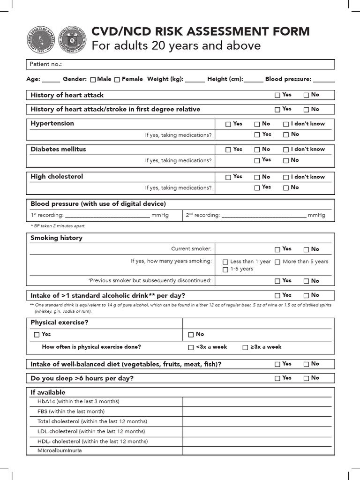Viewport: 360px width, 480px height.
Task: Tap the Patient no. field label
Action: click(x=46, y=64)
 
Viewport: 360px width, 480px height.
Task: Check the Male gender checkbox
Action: click(x=93, y=80)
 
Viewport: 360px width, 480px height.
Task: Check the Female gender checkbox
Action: click(x=117, y=80)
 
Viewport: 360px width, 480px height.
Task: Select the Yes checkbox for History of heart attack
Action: click(x=277, y=95)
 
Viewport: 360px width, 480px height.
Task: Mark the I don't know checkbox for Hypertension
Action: click(x=286, y=124)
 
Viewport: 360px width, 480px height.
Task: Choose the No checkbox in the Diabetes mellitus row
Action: click(x=257, y=150)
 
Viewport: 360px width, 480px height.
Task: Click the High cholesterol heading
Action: click(x=57, y=177)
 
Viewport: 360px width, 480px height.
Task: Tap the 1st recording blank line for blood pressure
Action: click(x=106, y=216)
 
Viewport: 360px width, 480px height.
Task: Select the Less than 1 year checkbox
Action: click(x=225, y=262)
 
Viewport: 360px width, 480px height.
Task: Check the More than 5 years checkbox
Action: click(x=277, y=262)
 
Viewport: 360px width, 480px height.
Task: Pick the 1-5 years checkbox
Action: click(x=225, y=270)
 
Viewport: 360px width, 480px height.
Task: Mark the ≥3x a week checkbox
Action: click(x=245, y=347)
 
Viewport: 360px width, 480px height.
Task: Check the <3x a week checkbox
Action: click(x=191, y=347)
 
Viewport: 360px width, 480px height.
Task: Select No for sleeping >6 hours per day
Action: click(x=306, y=378)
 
